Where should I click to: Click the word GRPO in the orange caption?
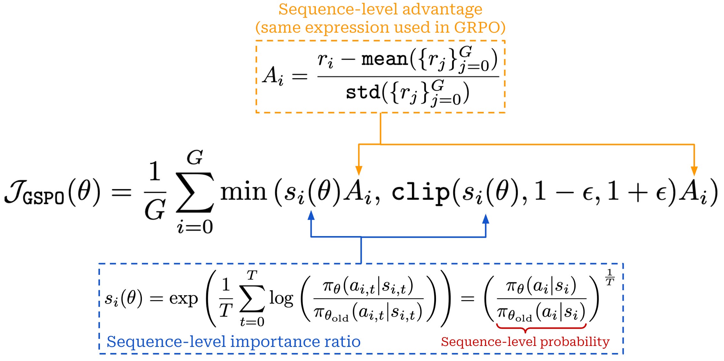[476, 28]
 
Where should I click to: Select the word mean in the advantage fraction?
[384, 59]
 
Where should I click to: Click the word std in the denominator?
[363, 93]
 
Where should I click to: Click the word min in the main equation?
[243, 192]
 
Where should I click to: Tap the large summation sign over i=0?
[194, 192]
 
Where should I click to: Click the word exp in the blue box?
[183, 299]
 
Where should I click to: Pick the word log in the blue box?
[281, 299]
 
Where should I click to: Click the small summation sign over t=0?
[252, 299]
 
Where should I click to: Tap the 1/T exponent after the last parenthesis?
[609, 277]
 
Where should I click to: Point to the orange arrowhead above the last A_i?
[694, 170]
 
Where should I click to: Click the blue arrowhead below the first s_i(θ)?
[311, 215]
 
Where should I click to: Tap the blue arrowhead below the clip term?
[486, 219]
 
